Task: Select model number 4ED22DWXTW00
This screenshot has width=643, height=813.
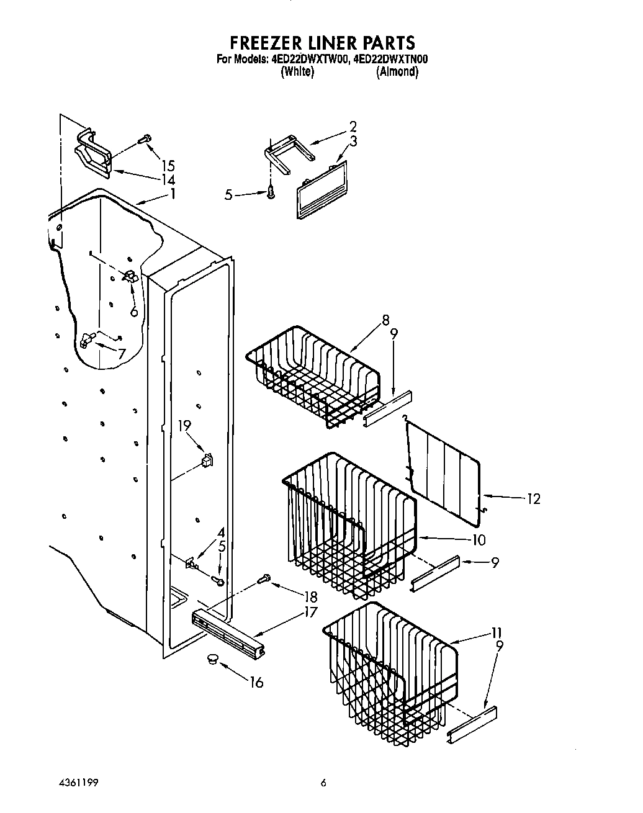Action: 307,60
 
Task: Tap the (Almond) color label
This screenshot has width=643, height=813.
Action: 397,72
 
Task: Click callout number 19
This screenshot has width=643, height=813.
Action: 184,426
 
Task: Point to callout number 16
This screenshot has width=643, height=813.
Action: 256,683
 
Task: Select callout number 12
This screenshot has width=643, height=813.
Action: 533,499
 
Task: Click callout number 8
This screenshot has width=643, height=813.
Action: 385,320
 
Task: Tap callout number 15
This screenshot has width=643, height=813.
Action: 168,166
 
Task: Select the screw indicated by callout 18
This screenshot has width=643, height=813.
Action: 263,579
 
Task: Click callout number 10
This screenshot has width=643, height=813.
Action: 478,540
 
